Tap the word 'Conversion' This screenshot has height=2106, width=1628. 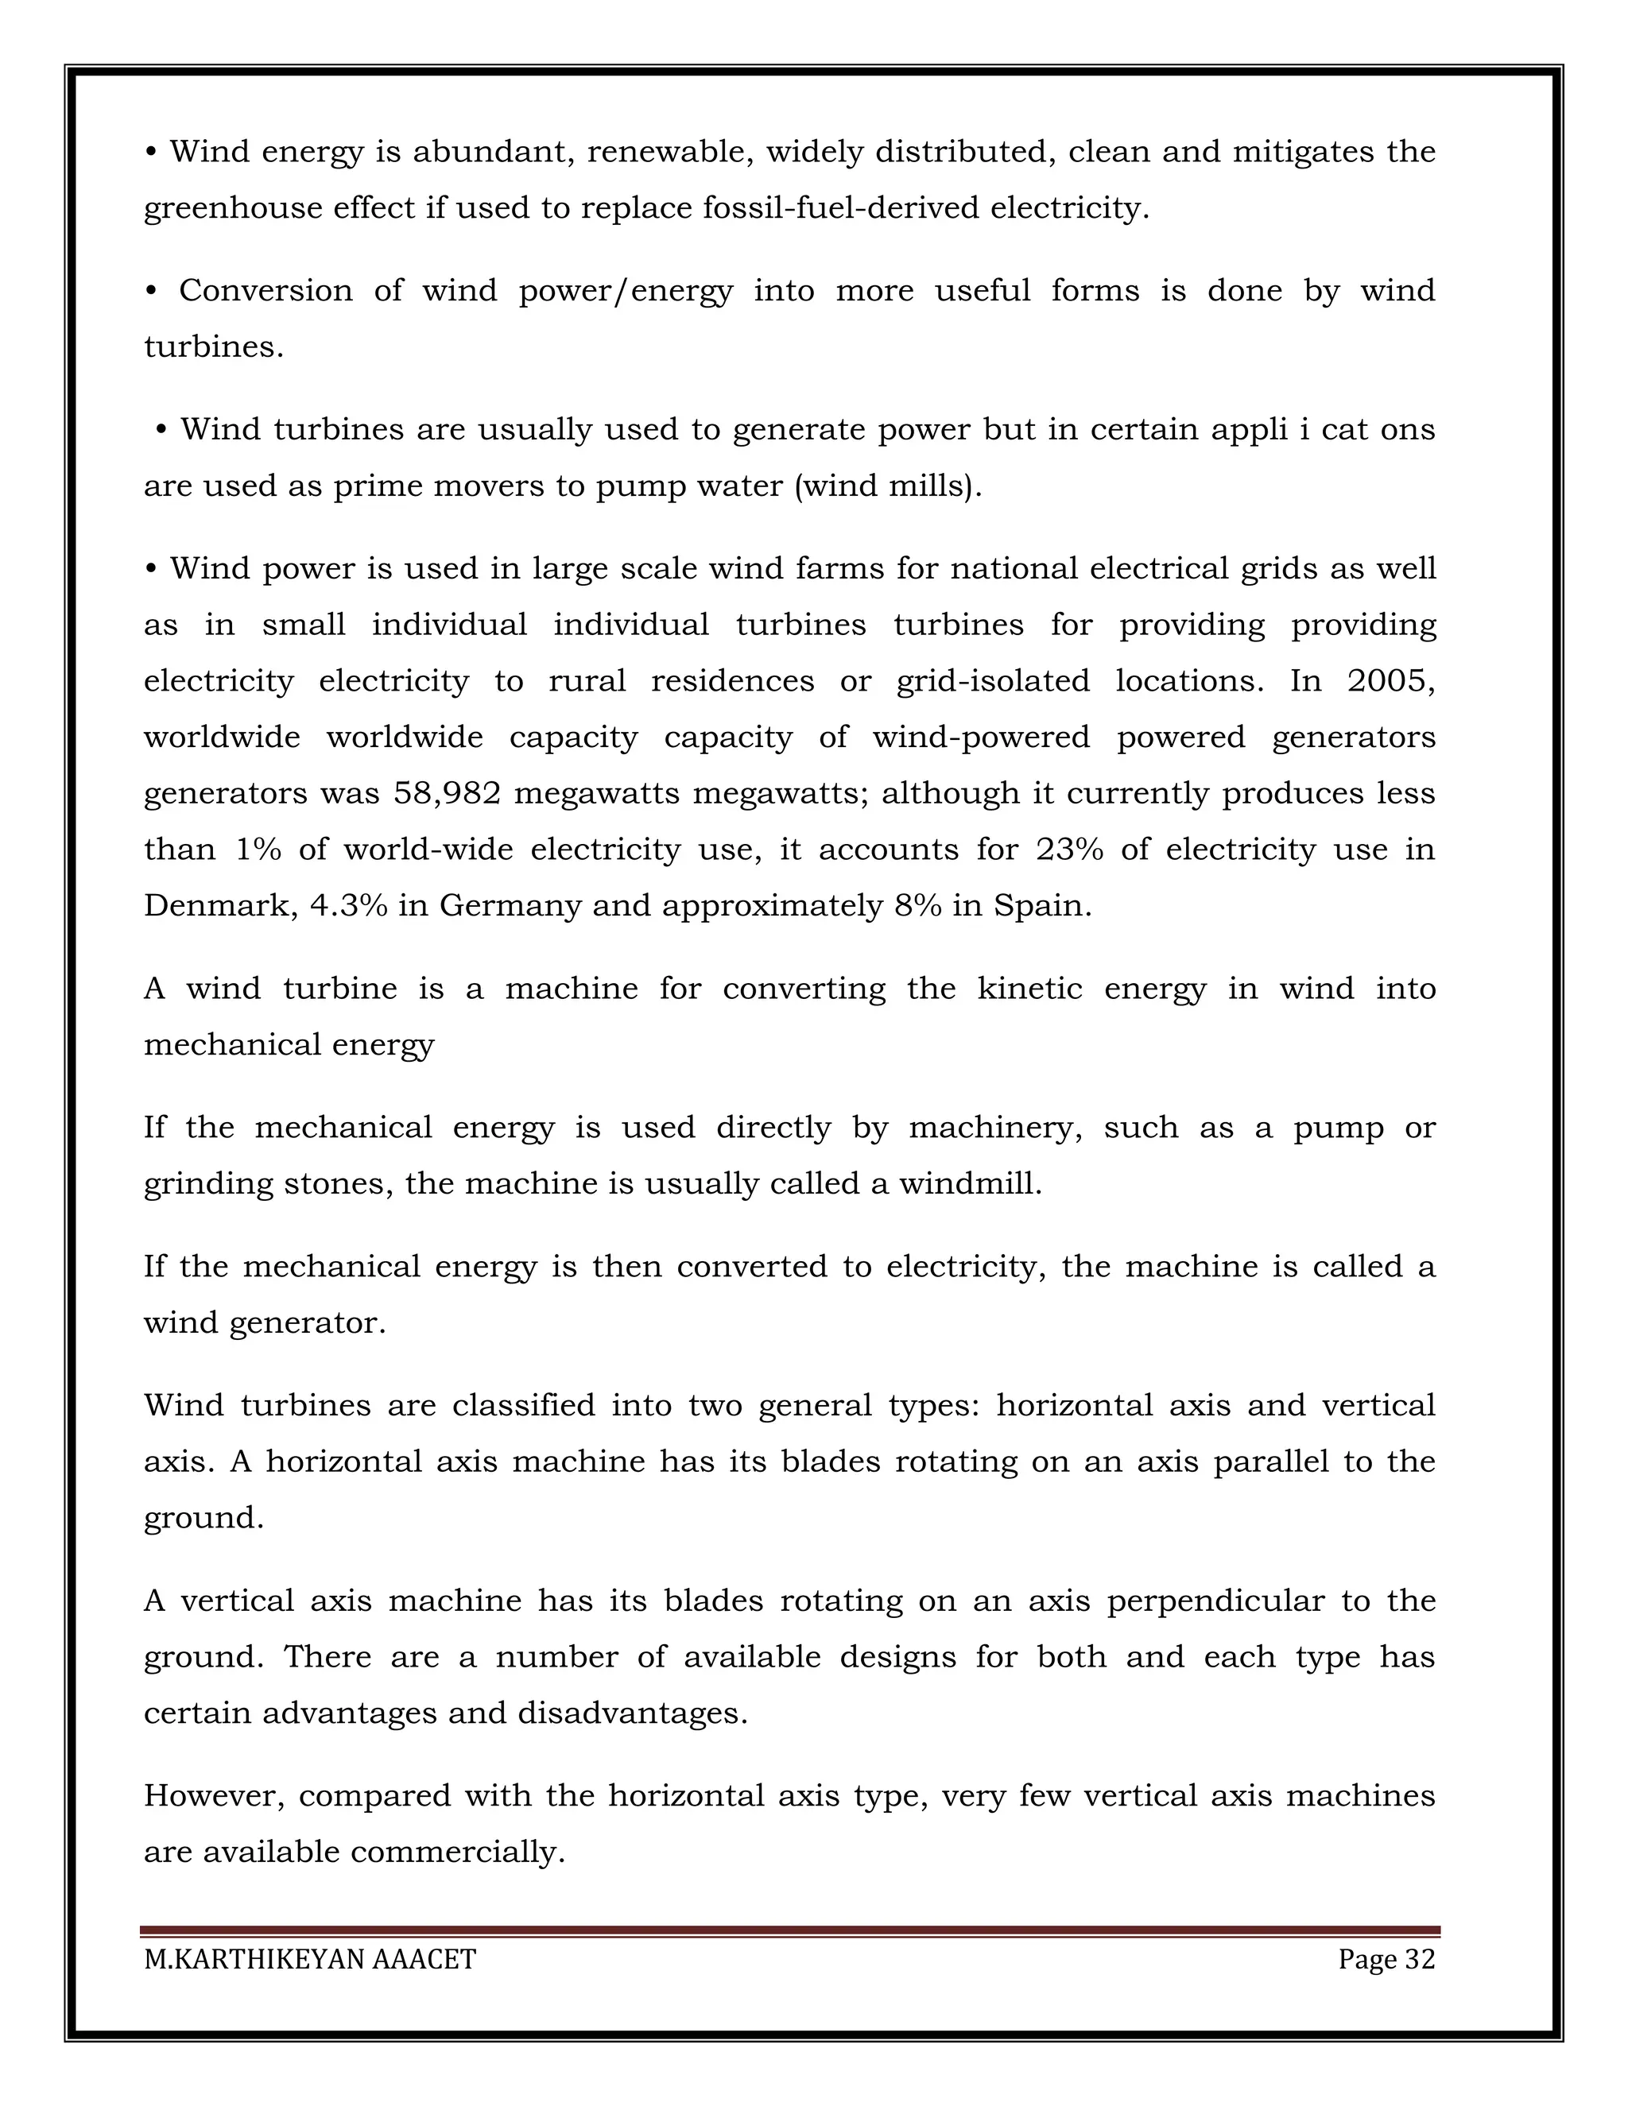tap(266, 291)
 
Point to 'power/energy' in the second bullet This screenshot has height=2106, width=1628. tap(625, 291)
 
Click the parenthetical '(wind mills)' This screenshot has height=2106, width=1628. tap(887, 486)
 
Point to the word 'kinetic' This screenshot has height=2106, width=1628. tap(1029, 989)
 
